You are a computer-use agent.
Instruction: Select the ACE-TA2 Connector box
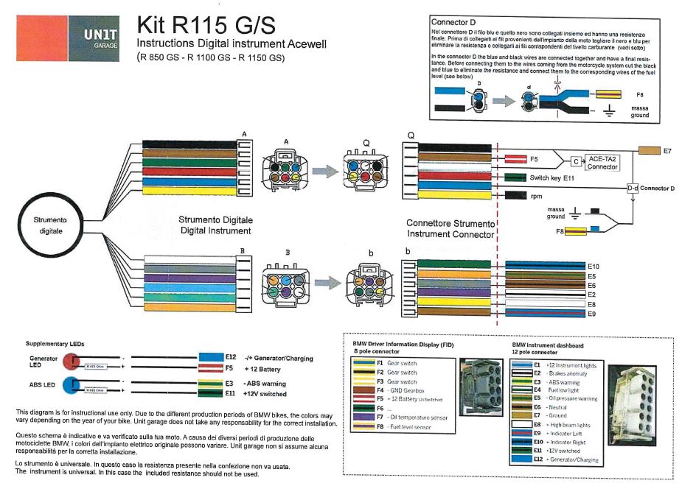602,161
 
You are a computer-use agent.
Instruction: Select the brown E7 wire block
650,150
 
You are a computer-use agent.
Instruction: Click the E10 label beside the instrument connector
594,265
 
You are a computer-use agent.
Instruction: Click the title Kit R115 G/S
206,25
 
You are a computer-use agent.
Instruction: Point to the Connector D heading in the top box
453,22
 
